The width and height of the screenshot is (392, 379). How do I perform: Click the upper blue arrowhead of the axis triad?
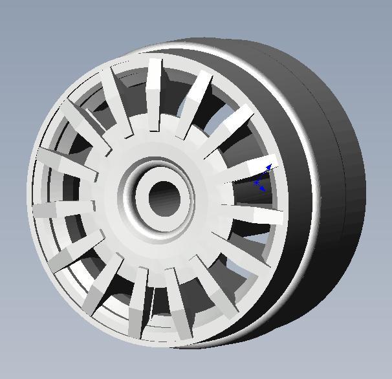[268, 168]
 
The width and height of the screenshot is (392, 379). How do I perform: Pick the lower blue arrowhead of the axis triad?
[262, 189]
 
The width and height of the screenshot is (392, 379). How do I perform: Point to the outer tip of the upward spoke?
[155, 65]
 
